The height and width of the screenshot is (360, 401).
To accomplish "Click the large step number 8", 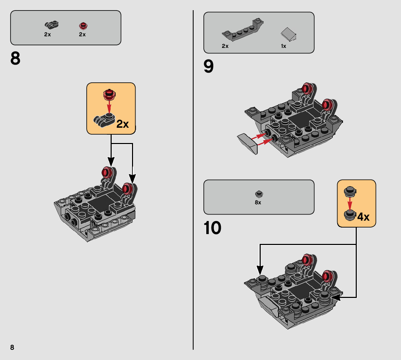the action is [15, 58].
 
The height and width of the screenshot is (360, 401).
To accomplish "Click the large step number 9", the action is [208, 66].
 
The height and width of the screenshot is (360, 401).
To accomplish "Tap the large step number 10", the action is [212, 228].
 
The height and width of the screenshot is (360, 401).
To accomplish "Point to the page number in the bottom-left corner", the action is [12, 347].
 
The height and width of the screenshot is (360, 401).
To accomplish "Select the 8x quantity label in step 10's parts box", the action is [258, 202].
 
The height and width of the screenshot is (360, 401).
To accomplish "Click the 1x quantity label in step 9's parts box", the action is [284, 46].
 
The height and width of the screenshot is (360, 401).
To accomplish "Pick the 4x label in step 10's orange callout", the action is [363, 217].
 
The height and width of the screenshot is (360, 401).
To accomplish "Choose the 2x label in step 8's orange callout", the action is [123, 124].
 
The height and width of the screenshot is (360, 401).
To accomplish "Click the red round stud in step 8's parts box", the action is [83, 26].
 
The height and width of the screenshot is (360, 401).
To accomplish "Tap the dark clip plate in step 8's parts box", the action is [51, 25].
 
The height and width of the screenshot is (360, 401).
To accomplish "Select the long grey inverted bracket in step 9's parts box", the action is [243, 30].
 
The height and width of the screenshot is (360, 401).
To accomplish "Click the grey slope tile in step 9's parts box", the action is [289, 34].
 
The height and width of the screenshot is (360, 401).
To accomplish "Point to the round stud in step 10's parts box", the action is [259, 194].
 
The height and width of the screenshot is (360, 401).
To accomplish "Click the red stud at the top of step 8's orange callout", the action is [109, 94].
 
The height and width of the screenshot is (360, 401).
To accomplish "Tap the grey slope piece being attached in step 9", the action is [248, 143].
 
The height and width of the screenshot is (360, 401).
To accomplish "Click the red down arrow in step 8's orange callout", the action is [109, 107].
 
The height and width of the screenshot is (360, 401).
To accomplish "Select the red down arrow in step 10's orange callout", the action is [350, 203].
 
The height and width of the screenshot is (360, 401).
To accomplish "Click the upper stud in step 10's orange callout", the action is [350, 192].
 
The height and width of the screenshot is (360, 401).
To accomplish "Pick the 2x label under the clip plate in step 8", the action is [47, 34].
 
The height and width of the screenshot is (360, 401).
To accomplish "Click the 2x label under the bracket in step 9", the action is [225, 46].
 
